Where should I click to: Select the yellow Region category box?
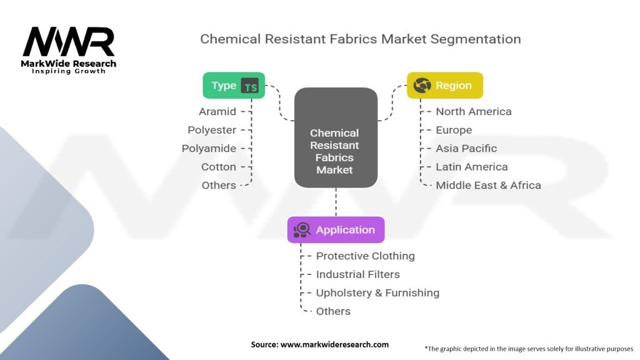point(444,86)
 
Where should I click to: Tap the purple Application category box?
point(336,230)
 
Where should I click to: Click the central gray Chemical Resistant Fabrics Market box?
point(335,138)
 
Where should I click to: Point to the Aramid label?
point(217,112)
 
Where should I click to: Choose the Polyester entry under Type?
point(212,130)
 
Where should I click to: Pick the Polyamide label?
point(209,149)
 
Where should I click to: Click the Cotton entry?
point(219,167)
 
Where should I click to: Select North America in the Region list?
point(473,112)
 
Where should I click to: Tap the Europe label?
point(454,130)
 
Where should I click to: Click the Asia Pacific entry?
point(466,149)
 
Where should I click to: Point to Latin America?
point(471,167)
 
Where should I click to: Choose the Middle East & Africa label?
point(488,185)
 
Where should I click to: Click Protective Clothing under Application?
point(365,256)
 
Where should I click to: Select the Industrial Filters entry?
point(357,274)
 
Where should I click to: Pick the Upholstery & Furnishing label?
point(377,293)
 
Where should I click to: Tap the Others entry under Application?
point(333,311)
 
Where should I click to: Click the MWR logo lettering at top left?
point(69,42)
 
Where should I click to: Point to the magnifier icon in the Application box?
point(302,230)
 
